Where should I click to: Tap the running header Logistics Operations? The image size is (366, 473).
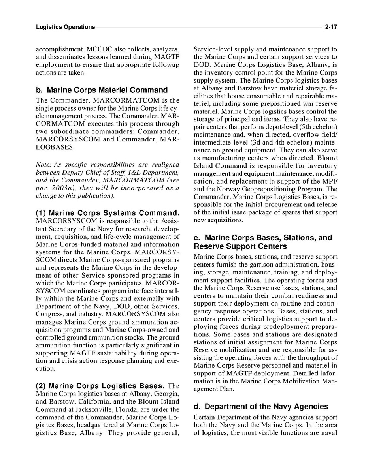[x=65, y=27]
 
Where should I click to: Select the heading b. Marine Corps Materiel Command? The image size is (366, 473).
[x=102, y=90]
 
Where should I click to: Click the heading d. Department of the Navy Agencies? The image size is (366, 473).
[x=261, y=406]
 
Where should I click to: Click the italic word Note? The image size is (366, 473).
[x=43, y=165]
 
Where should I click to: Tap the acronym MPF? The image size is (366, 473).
[x=330, y=182]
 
